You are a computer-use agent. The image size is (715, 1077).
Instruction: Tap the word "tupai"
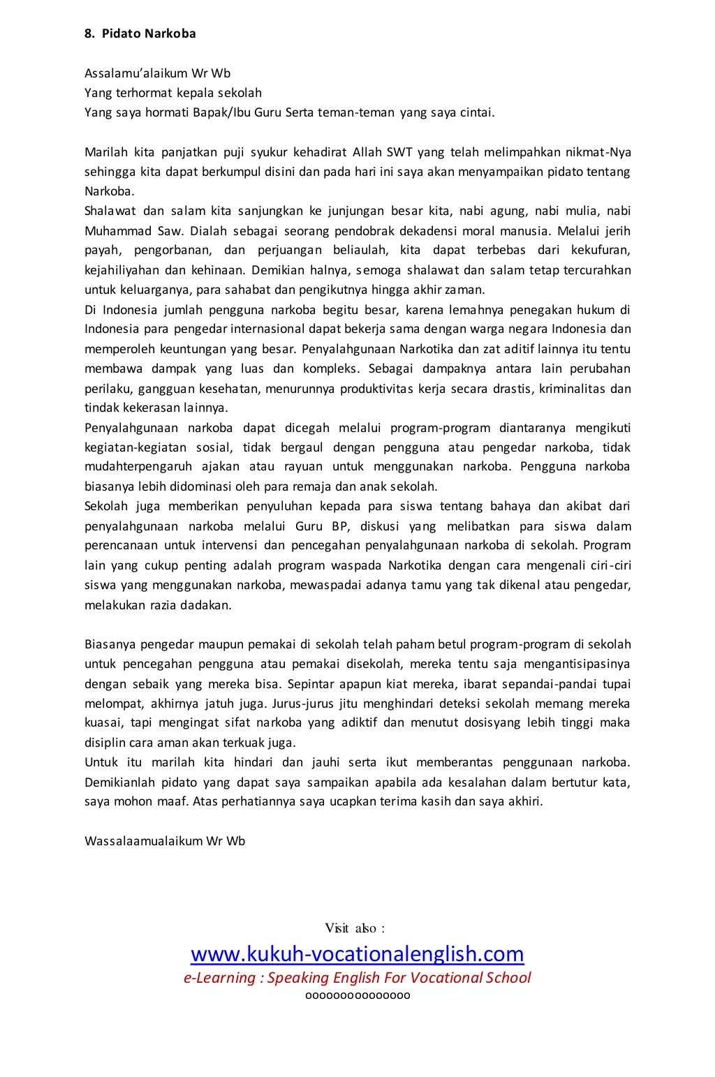[x=615, y=683]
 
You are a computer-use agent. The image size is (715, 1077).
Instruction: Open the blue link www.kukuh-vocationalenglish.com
[x=357, y=953]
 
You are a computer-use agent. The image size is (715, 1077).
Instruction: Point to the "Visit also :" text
[x=355, y=928]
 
